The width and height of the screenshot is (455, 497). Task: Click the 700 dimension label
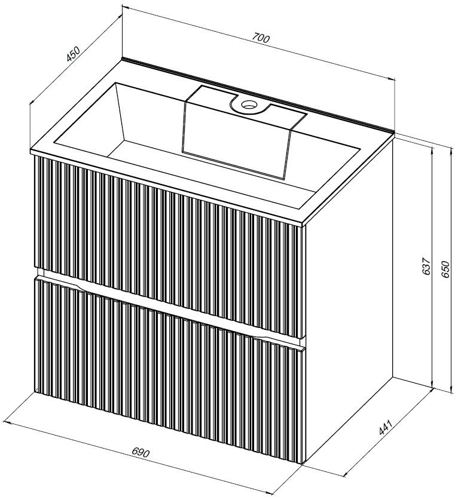point(261,38)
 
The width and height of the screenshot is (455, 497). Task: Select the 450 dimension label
point(74,54)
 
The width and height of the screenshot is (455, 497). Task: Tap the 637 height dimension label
point(426,266)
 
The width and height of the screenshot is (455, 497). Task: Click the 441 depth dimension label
point(386,427)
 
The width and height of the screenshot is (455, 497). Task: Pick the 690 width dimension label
point(141,452)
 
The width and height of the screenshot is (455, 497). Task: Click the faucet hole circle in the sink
point(248,104)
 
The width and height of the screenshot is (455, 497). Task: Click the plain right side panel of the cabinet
point(349,301)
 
